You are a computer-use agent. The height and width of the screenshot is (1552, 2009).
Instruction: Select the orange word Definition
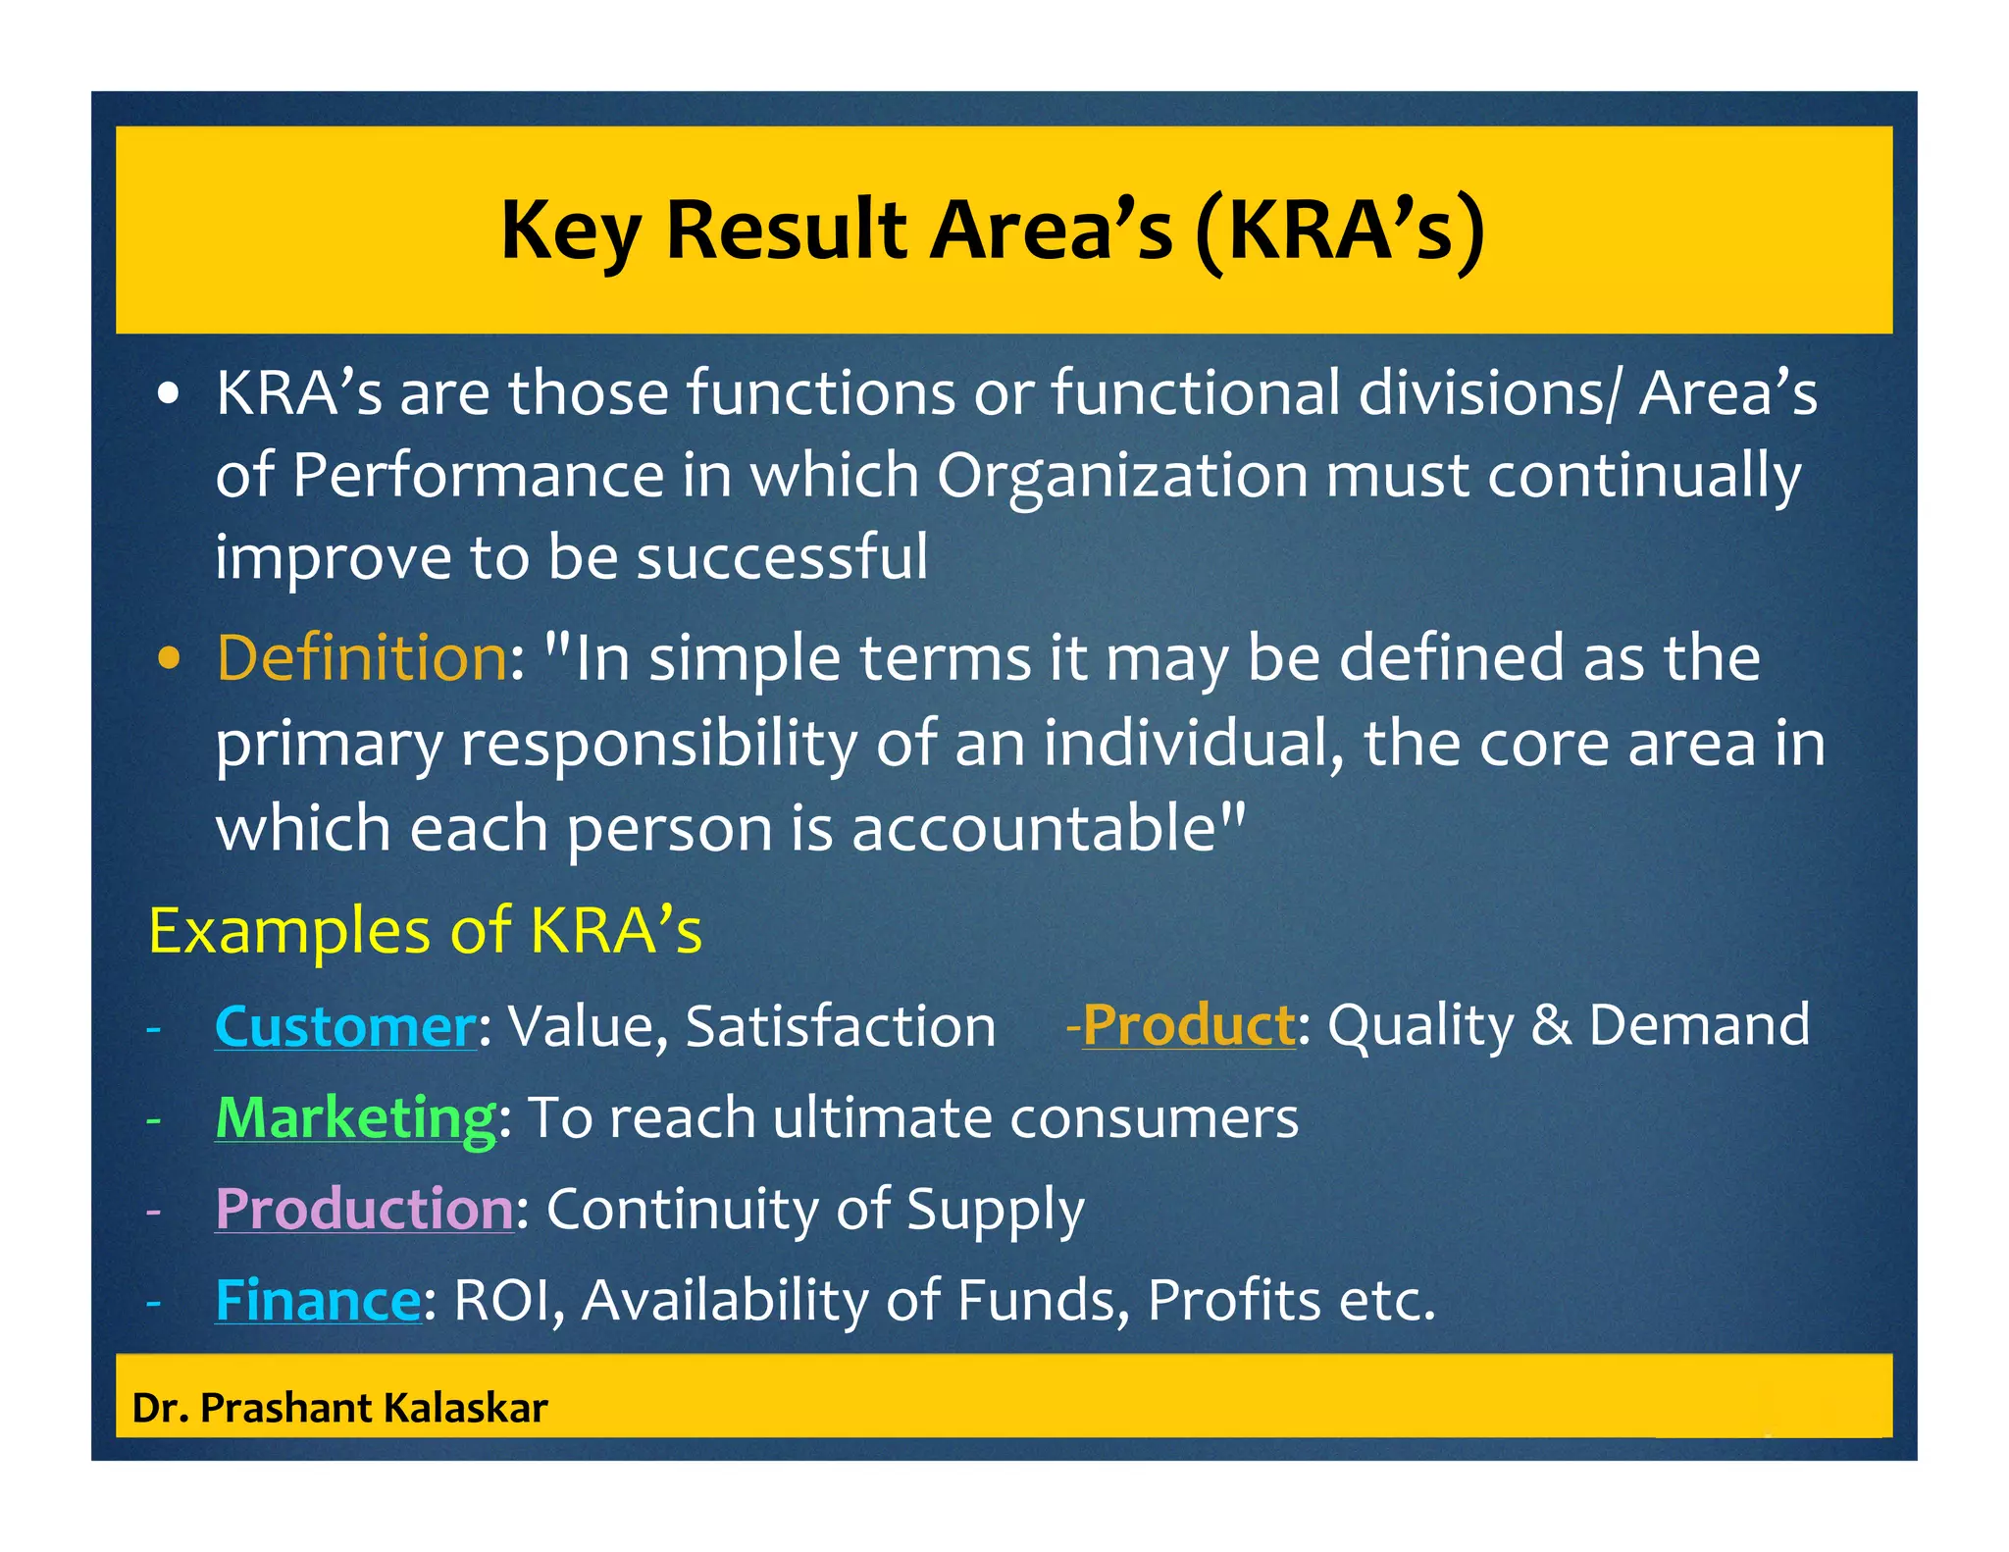[361, 657]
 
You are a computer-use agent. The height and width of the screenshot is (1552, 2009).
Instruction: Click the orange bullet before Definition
[170, 659]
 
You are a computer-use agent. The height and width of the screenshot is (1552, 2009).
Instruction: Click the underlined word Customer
[345, 1026]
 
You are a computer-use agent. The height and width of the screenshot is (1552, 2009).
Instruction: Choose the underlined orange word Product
[1189, 1025]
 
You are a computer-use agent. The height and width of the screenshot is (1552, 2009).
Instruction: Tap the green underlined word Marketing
[355, 1117]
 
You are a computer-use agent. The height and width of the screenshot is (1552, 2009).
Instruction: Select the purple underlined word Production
[364, 1209]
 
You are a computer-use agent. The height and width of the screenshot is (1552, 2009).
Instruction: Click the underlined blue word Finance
[318, 1300]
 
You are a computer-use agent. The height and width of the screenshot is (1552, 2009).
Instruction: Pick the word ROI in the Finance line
[508, 1300]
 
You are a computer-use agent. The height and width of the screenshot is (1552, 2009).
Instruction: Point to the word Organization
[1122, 477]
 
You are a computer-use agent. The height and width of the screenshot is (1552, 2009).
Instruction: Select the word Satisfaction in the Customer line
[841, 1026]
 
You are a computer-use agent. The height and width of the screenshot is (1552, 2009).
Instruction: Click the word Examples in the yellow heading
[289, 931]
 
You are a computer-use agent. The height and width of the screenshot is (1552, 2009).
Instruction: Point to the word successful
[782, 557]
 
